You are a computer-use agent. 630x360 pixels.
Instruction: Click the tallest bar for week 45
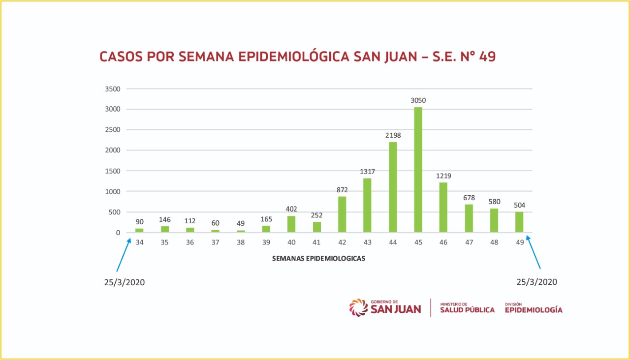click(418, 170)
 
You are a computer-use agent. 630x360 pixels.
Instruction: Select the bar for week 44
click(393, 187)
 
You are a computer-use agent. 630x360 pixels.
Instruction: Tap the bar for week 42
click(342, 214)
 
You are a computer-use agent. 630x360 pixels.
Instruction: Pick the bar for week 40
click(291, 224)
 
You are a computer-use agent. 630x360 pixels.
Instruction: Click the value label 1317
click(367, 171)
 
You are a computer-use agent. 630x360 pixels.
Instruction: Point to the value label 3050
click(418, 100)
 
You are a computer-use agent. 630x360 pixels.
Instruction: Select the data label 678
click(469, 198)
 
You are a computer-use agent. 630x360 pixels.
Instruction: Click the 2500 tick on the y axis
click(113, 130)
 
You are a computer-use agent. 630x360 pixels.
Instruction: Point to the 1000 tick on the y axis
click(113, 191)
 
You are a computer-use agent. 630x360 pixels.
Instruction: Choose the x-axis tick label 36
click(190, 243)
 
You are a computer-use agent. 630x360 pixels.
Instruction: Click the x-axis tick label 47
click(469, 243)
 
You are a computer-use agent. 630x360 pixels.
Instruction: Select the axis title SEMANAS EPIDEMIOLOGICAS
click(318, 258)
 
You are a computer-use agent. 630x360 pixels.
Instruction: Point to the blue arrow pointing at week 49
click(534, 252)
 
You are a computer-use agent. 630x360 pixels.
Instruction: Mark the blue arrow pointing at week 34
click(124, 255)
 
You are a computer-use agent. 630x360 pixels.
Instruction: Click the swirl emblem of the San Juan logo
click(358, 307)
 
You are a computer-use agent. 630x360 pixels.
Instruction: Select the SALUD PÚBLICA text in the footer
click(467, 310)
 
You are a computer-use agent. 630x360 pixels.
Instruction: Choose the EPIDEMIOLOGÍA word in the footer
click(534, 310)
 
